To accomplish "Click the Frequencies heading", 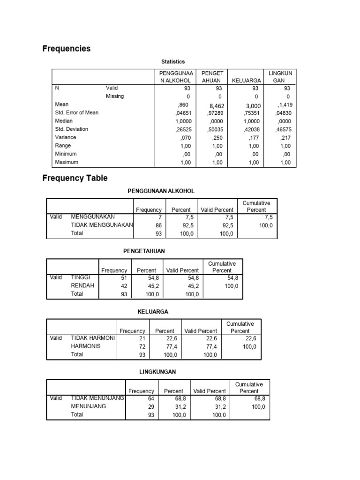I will coord(66,49).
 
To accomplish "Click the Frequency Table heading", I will coord(75,178).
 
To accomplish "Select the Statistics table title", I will coord(173,61).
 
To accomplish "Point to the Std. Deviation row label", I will coord(71,129).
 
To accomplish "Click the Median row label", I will coord(64,120).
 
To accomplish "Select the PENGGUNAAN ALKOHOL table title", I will coord(161,191).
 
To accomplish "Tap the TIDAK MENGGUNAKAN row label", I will coord(102,225).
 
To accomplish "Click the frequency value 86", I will coord(158,225).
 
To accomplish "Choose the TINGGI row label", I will coord(80,277).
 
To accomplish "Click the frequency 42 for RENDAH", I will coord(124,286).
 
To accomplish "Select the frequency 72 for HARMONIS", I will coord(142,346).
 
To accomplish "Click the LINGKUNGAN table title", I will coord(157,372).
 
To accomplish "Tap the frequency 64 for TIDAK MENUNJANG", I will coord(150,398).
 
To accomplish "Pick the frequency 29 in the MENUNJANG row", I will coord(150,407).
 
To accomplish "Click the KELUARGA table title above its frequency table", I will coord(153,311).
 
